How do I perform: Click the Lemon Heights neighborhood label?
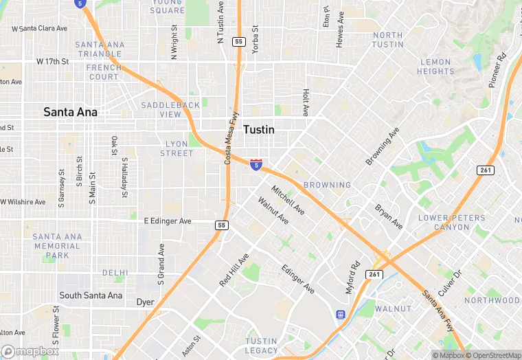pyautogui.click(x=435, y=67)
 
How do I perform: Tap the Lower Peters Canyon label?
pyautogui.click(x=452, y=223)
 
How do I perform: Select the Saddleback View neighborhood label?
pyautogui.click(x=170, y=109)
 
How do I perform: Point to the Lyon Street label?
pyautogui.click(x=177, y=148)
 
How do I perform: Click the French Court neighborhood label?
pyautogui.click(x=104, y=72)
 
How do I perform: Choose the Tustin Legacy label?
pyautogui.click(x=262, y=346)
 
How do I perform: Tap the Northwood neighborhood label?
pyautogui.click(x=492, y=300)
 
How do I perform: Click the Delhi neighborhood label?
pyautogui.click(x=115, y=273)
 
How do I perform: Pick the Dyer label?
pyautogui.click(x=145, y=302)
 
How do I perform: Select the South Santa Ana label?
pyautogui.click(x=91, y=295)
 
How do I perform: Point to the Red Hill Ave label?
pyautogui.click(x=234, y=269)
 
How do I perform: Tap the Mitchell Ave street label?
pyautogui.click(x=288, y=199)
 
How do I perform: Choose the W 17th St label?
pyautogui.click(x=53, y=61)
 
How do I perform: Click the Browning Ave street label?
pyautogui.click(x=382, y=146)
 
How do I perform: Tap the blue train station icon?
pyautogui.click(x=340, y=315)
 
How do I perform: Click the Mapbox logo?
pyautogui.click(x=30, y=352)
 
